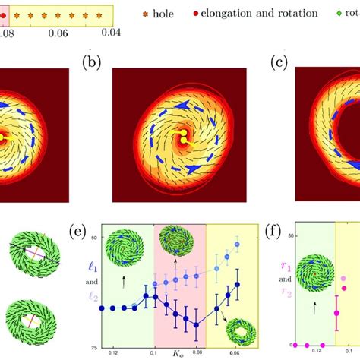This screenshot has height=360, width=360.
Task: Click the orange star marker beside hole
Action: click(139, 14)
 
